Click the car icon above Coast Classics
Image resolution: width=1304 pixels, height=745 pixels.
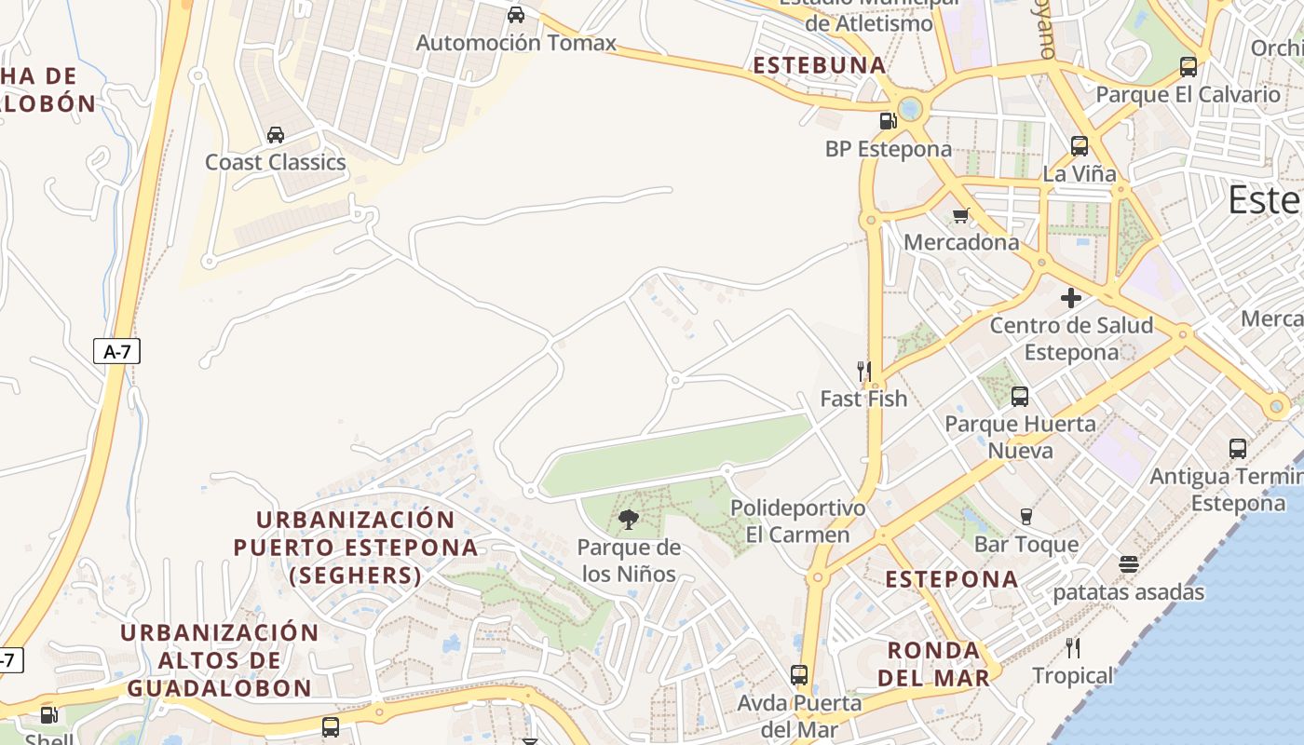(276, 135)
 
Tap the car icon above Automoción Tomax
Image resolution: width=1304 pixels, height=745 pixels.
(516, 15)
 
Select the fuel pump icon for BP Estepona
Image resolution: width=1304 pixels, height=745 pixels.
(888, 120)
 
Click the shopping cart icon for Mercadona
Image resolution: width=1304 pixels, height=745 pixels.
(961, 215)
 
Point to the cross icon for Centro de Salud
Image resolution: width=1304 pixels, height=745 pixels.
(1071, 298)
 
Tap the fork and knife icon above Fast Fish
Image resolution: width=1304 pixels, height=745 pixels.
(863, 371)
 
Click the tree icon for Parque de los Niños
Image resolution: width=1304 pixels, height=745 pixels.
(629, 519)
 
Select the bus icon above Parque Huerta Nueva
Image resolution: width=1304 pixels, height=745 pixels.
(1020, 397)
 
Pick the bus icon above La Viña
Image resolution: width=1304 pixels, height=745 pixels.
(1080, 146)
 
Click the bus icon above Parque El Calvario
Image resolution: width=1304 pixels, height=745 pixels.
(1189, 67)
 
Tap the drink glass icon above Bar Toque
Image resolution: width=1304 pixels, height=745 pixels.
(1026, 516)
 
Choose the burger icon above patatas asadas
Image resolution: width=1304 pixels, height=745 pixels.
(1129, 564)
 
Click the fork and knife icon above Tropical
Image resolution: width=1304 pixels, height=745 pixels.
(1073, 647)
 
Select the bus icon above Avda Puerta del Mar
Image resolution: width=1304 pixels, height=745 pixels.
(799, 675)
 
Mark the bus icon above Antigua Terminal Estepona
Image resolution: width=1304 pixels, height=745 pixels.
(1238, 449)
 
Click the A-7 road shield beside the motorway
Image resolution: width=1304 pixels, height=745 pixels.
(116, 351)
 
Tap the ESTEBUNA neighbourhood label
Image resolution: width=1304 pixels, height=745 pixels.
(820, 65)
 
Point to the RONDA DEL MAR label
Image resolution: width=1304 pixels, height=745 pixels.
(934, 664)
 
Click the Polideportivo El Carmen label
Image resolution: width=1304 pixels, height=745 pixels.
(798, 521)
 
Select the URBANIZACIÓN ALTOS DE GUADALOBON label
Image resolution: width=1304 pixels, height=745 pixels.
(220, 660)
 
